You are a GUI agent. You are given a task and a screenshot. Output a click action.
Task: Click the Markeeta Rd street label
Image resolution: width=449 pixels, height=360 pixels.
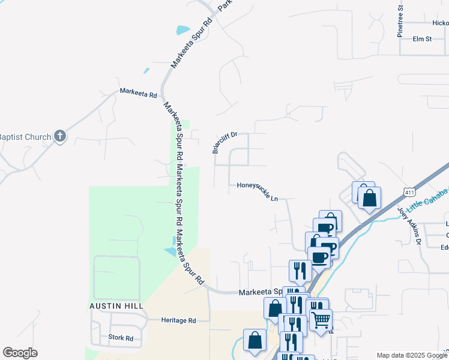[x=138, y=94]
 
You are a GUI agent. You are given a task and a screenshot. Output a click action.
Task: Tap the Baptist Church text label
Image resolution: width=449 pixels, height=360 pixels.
[x=25, y=137]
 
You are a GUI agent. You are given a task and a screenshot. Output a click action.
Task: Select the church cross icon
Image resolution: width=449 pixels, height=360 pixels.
[x=60, y=136]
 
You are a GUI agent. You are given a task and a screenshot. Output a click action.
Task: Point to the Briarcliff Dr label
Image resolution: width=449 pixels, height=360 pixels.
[x=225, y=143]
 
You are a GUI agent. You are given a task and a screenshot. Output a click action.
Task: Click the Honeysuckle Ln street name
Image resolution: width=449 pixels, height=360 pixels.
[x=258, y=191]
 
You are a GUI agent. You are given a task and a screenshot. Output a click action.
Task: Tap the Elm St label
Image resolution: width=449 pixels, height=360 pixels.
[x=422, y=39]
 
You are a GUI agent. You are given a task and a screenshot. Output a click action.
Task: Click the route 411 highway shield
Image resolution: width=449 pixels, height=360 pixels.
[x=409, y=192]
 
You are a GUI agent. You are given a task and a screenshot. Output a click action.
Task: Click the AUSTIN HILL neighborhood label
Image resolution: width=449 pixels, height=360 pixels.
[x=116, y=306]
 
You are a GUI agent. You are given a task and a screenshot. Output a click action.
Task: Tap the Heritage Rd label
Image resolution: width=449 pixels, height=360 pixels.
[x=178, y=320]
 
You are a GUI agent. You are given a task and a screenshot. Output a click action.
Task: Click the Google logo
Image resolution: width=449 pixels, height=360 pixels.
[x=20, y=352]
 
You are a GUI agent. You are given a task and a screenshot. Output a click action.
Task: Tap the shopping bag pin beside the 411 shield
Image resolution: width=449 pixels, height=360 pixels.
[x=369, y=197]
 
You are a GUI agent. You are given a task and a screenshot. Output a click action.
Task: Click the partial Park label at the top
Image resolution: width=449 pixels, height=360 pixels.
[x=224, y=5]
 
